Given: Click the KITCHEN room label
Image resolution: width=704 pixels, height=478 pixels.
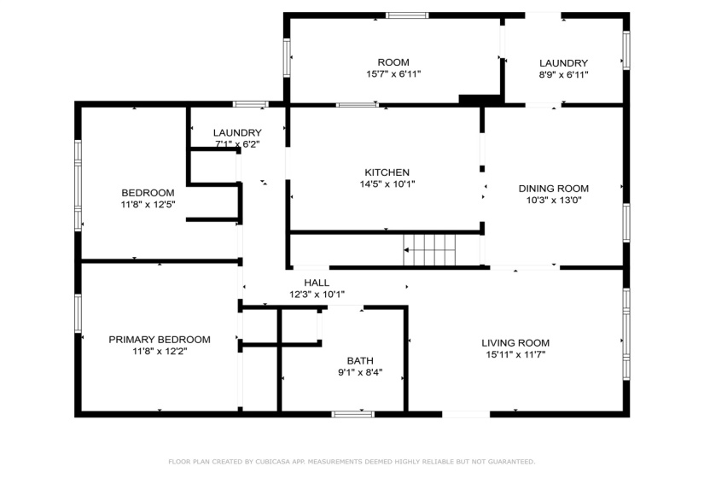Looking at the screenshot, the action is click(387, 172).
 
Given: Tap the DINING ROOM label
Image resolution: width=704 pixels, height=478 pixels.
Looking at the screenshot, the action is click(554, 189).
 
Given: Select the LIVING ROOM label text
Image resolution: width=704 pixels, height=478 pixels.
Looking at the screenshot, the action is click(515, 343).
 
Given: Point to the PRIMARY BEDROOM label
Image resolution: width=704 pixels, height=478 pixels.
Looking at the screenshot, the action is click(160, 340).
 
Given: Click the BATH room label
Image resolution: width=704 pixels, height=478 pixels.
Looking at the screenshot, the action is click(360, 361).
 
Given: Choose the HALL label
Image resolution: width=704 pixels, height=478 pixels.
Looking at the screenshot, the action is click(317, 283).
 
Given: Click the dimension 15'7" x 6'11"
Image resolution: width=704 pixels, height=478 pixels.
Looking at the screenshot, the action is click(393, 74).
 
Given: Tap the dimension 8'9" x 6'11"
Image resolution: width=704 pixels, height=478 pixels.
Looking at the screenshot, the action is click(563, 75).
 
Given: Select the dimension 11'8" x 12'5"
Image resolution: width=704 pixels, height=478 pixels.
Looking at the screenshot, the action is click(148, 204).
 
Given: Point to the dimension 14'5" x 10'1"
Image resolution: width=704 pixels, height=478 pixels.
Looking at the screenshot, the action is click(387, 184).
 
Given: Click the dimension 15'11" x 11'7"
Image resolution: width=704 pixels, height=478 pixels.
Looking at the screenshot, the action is click(515, 355).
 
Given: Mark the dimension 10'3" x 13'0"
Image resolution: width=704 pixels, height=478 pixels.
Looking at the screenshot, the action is click(554, 201).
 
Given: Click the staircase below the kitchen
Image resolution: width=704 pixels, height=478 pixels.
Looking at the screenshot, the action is click(429, 250).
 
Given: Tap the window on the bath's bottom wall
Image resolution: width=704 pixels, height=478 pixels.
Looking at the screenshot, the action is click(353, 414).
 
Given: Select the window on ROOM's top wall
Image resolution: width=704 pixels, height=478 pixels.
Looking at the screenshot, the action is click(407, 15).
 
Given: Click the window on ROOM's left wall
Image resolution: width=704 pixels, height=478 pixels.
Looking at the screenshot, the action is click(287, 57).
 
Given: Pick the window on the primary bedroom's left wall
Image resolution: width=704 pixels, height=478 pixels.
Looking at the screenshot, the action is click(79, 313).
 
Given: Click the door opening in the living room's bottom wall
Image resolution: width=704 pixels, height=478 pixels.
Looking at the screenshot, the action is click(466, 414).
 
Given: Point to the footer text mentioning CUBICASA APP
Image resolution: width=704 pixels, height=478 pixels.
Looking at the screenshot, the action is click(352, 462).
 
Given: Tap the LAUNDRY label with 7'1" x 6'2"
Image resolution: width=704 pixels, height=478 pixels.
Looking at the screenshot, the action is click(237, 133).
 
